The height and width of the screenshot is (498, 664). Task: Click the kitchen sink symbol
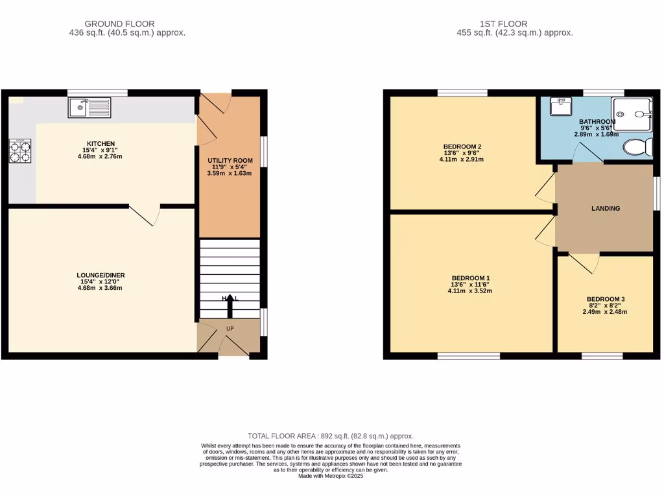[x=89, y=107]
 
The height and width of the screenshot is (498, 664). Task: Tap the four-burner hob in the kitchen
[x=19, y=150]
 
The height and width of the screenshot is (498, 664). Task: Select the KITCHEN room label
[x=101, y=143]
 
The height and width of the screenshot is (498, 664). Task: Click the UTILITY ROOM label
[x=230, y=160]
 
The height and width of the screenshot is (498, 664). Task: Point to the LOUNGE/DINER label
[x=101, y=275]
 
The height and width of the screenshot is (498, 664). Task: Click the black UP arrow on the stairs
[x=230, y=303]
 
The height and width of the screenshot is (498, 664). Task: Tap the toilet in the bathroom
[x=637, y=147]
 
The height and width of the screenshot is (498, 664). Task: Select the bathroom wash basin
[x=559, y=106]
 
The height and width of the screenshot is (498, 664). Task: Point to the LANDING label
[x=606, y=209]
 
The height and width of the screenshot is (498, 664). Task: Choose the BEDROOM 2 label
[x=462, y=147]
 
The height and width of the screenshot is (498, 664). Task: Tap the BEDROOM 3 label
[x=605, y=299]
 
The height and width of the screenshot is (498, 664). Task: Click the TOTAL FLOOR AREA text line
[x=331, y=436]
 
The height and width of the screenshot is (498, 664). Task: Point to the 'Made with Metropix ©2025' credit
[x=331, y=476]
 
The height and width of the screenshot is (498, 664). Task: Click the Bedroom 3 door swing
[x=584, y=262]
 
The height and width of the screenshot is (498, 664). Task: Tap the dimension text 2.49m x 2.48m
[x=605, y=312]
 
